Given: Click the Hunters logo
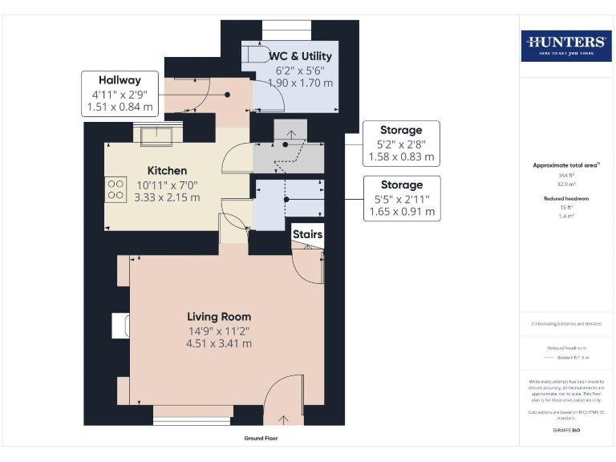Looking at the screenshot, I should coord(565,45).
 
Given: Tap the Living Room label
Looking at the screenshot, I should coord(219,316).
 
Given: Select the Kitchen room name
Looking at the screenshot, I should coord(167,171).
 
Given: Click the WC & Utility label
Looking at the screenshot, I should coord(300,55).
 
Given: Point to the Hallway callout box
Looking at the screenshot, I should coord(120,93).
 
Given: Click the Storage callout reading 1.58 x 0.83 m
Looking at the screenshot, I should coord(401,143).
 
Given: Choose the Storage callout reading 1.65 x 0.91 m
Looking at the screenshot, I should coord(401,198).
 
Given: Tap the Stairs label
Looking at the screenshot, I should coord(307,235).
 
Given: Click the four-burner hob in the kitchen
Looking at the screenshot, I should coord(115,188).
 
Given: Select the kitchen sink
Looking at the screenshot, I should coord(151,134).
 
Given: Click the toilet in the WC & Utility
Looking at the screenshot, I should coord(257,53).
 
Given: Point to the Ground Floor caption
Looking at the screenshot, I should coord(261,439).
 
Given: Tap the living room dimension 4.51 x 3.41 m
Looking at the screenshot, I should coord(219,343).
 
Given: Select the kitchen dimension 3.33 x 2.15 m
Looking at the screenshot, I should coord(167,197).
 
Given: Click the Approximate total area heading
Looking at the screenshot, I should coord(565,165).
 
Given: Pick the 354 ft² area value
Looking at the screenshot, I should coord(565,175).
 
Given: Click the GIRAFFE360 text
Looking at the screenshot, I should coord(565,431).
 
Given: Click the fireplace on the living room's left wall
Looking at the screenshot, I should coord(122,325).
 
